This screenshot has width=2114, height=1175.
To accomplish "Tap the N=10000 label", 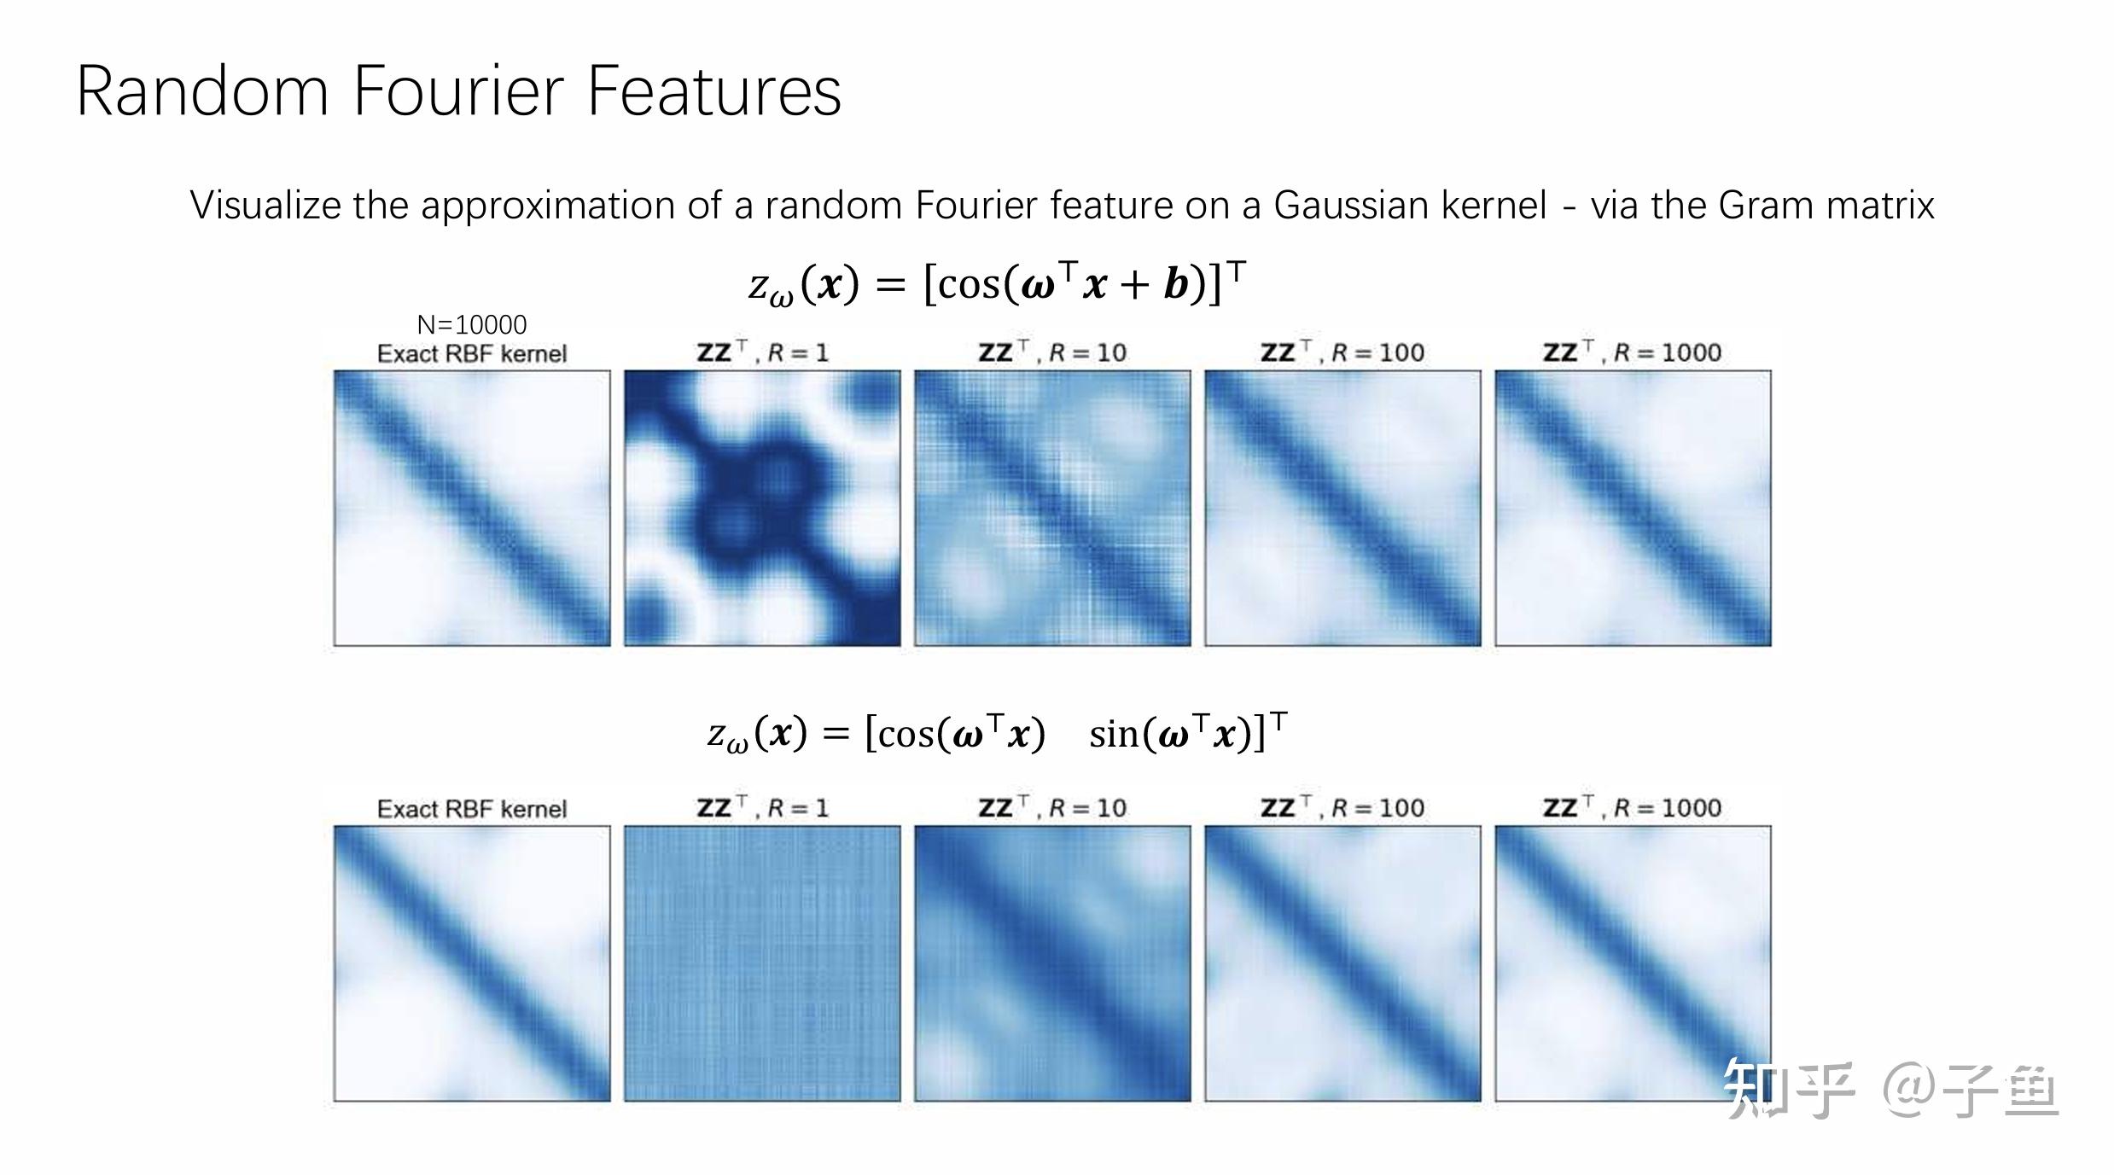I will [x=471, y=324].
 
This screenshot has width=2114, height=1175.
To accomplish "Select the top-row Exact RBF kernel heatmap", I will [x=472, y=508].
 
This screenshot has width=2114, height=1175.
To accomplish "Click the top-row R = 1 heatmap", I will [x=762, y=508].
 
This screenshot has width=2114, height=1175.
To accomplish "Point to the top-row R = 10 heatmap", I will [x=1052, y=508].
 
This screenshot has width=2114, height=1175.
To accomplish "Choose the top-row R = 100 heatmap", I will [x=1342, y=508].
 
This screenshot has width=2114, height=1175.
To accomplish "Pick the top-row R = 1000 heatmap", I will [x=1633, y=508].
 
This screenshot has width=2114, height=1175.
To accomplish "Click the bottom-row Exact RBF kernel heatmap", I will [x=472, y=963].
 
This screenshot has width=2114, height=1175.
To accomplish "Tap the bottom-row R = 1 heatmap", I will [x=762, y=963].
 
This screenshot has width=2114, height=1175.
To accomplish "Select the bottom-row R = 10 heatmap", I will [x=1052, y=963].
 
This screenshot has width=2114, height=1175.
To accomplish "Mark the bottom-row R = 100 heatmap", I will [x=1342, y=963].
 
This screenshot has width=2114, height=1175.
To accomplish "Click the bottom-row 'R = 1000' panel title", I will [x=1632, y=807].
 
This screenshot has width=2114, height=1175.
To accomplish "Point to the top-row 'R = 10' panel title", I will [x=1052, y=352].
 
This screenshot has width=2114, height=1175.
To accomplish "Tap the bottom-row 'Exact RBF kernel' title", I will [x=471, y=809].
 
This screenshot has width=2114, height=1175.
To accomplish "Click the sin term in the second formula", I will [x=1112, y=734].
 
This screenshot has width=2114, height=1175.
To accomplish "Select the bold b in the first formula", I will [x=1176, y=284].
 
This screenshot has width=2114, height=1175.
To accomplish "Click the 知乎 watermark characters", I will [x=1789, y=1090].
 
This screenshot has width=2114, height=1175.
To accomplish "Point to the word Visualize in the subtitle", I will [x=265, y=206].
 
